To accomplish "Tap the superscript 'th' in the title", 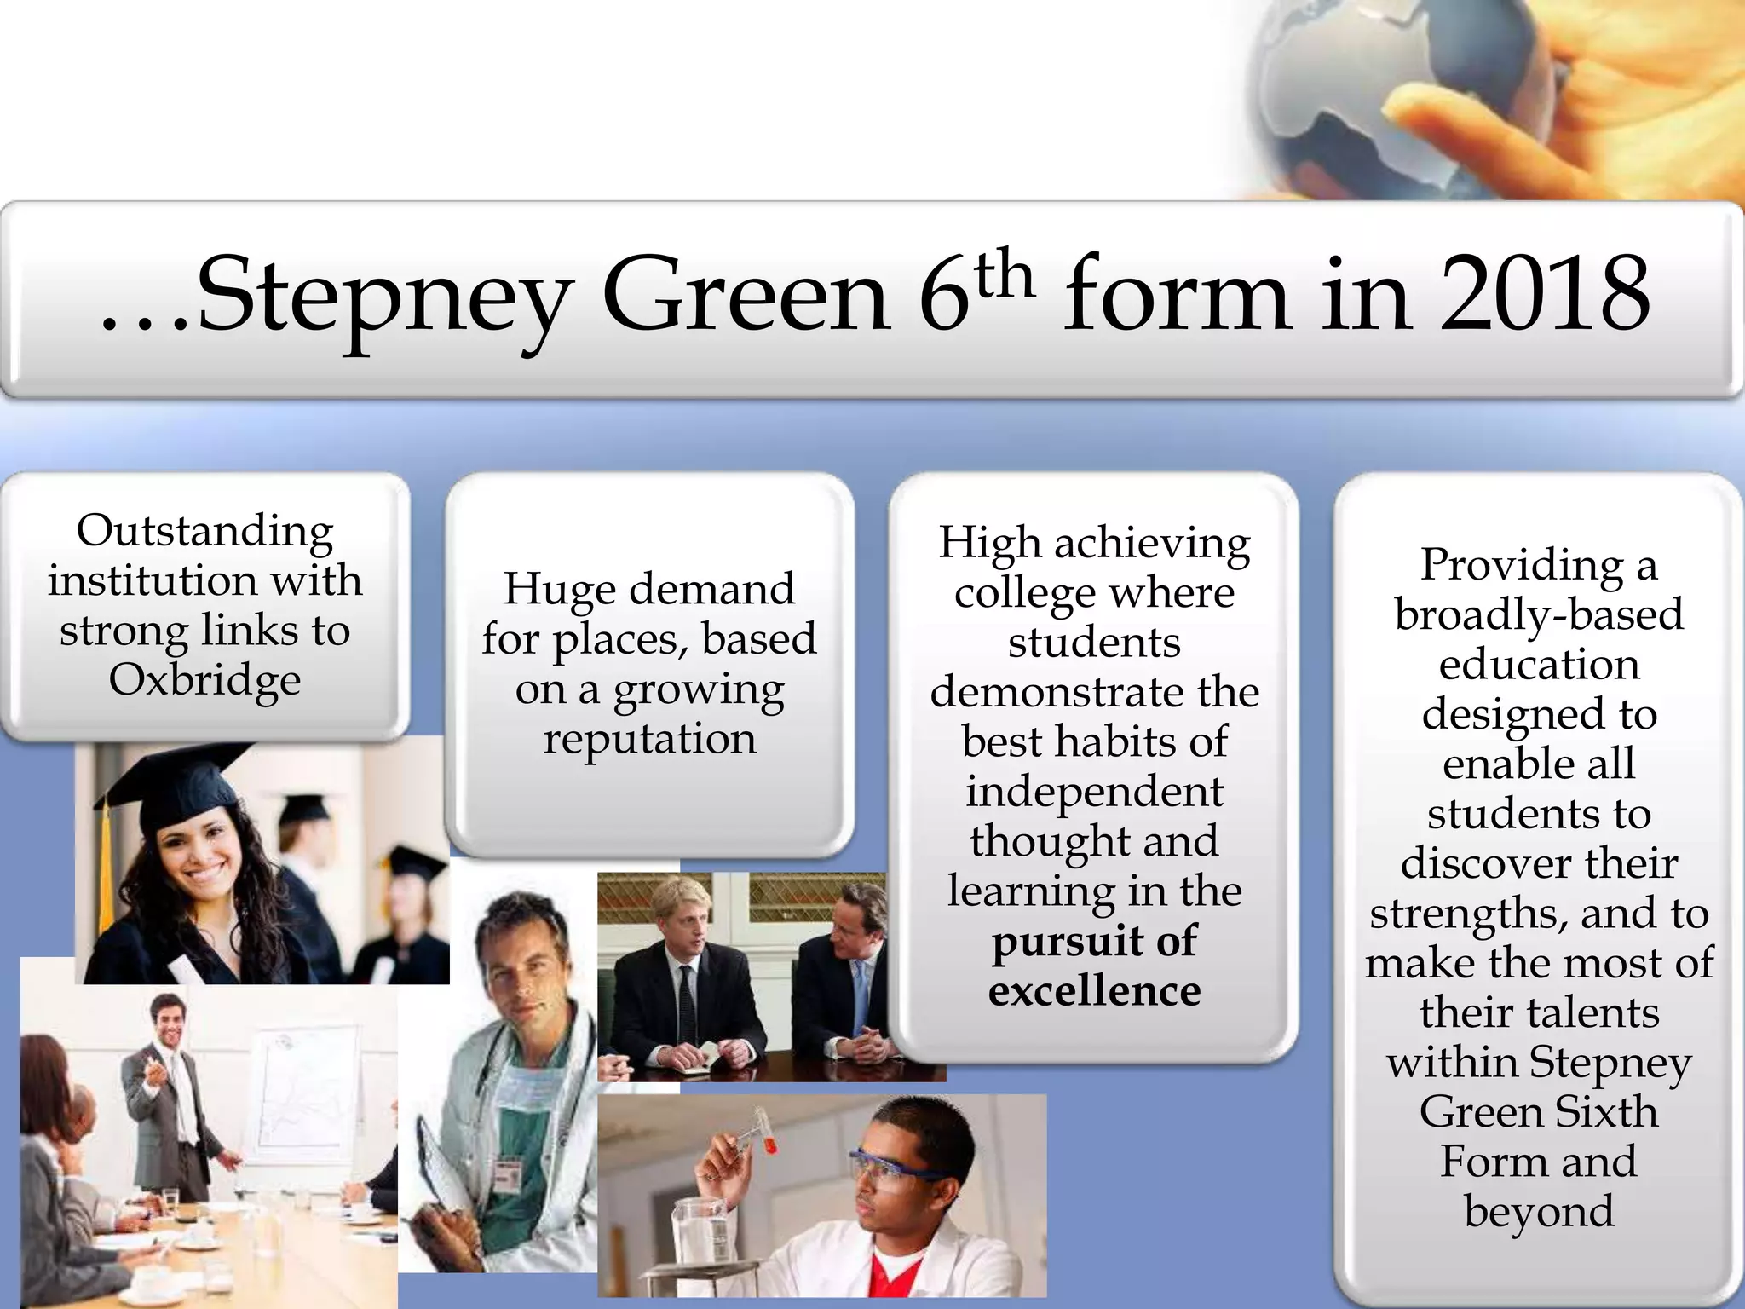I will pos(1003,274).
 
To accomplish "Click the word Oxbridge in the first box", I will pos(204,681).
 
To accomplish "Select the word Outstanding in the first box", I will pos(204,531).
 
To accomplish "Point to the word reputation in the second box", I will pos(649,738).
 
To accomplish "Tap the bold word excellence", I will pos(1094,990).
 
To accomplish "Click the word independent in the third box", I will pos(1094,792).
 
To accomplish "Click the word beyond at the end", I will pos(1539,1211).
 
